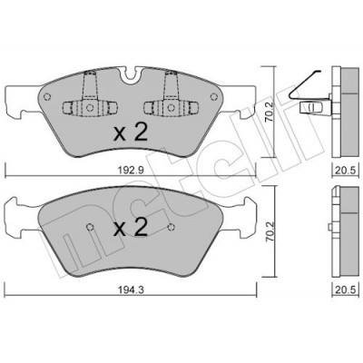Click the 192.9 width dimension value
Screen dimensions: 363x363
pyautogui.click(x=131, y=171)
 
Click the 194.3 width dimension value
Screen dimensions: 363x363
pyautogui.click(x=131, y=289)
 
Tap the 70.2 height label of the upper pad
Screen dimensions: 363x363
pyautogui.click(x=269, y=112)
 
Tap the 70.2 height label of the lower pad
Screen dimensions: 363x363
pyautogui.click(x=269, y=231)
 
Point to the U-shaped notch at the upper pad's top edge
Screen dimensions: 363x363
pyautogui.click(x=131, y=75)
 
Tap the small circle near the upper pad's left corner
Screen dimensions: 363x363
pyautogui.click(x=46, y=97)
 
